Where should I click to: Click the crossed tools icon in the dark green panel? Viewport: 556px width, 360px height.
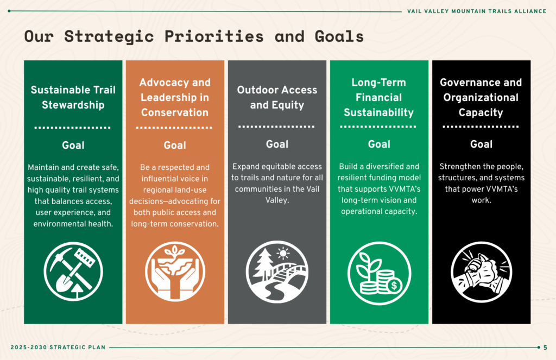click(73, 271)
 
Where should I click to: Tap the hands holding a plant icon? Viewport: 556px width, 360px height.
click(175, 271)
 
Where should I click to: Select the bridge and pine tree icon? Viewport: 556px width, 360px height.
click(277, 272)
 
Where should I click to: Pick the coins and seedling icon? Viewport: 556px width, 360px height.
click(379, 273)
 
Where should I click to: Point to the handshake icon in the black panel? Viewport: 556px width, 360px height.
click(481, 272)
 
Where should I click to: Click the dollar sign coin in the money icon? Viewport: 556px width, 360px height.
click(394, 286)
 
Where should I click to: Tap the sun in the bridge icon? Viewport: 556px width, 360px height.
click(282, 254)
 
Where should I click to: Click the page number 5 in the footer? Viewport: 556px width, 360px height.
click(545, 348)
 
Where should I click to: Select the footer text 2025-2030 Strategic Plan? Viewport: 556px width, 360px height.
click(58, 347)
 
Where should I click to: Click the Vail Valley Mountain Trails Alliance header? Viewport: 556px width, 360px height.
click(477, 11)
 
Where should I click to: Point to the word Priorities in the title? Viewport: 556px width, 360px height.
click(214, 36)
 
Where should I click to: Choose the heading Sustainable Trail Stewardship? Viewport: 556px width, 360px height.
click(73, 97)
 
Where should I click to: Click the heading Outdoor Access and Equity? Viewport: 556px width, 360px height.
click(277, 97)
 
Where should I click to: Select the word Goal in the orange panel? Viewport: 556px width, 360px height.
click(175, 145)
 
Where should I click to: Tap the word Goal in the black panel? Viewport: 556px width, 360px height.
click(481, 144)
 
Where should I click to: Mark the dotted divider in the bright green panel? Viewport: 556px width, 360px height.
click(378, 127)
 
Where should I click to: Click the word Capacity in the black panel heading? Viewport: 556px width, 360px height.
click(481, 112)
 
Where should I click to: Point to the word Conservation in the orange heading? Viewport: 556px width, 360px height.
click(175, 112)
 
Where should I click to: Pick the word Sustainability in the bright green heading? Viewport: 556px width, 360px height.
click(378, 112)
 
